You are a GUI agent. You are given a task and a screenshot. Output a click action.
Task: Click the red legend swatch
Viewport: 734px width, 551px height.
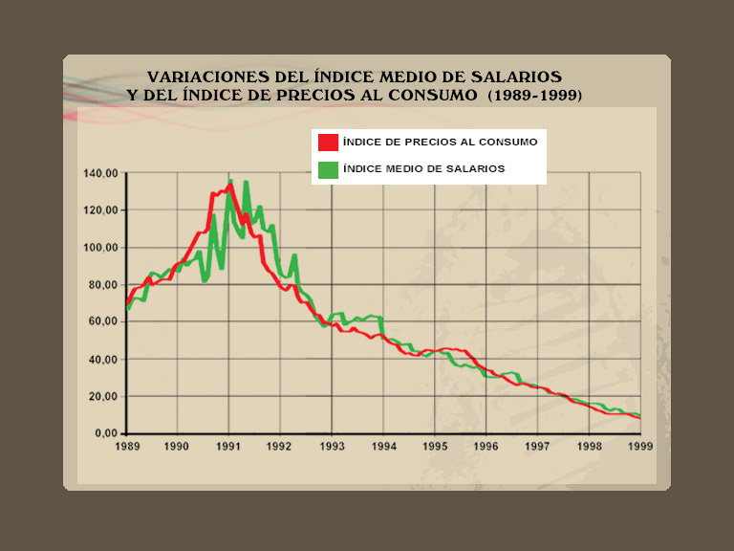pyautogui.click(x=328, y=142)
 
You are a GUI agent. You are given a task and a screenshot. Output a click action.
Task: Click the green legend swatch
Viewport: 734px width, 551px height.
pyautogui.click(x=328, y=169)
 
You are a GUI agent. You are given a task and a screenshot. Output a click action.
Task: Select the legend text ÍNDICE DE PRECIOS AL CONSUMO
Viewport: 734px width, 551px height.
pyautogui.click(x=440, y=142)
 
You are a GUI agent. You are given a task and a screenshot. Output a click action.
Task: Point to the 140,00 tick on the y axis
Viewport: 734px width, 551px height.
pyautogui.click(x=99, y=173)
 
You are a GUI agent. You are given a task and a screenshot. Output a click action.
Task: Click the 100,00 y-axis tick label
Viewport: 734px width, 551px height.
pyautogui.click(x=99, y=248)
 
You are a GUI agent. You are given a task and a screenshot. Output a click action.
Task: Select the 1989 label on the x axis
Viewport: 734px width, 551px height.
pyautogui.click(x=127, y=446)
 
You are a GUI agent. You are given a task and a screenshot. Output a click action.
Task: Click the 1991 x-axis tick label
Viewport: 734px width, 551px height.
pyautogui.click(x=228, y=446)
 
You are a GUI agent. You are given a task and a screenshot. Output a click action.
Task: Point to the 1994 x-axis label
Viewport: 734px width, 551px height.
pyautogui.click(x=383, y=446)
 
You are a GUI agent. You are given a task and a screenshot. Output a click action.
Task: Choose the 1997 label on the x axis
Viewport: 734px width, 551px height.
pyautogui.click(x=537, y=446)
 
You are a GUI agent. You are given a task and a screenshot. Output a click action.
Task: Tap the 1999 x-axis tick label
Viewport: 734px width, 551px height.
pyautogui.click(x=640, y=446)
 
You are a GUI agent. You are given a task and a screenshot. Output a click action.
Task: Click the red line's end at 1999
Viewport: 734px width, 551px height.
pyautogui.click(x=639, y=418)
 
